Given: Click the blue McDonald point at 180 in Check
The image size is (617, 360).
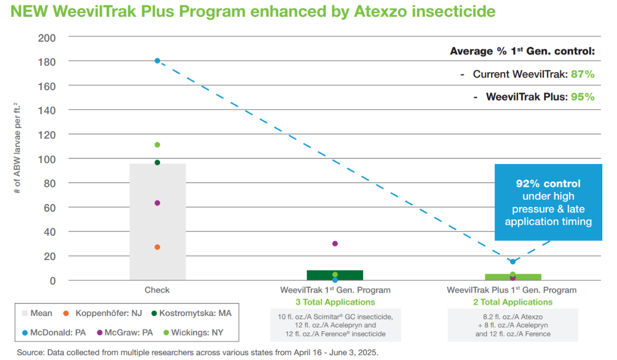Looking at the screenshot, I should pos(157,61).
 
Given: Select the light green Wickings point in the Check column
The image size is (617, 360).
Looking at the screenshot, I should pos(157,145).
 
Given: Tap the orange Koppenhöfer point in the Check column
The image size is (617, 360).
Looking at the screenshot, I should pos(157,247).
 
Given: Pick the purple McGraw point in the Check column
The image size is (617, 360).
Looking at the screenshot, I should pos(157,203).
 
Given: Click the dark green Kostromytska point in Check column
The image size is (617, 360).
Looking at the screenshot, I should pos(157,162).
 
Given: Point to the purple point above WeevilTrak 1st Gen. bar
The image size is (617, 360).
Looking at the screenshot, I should pos(335,244).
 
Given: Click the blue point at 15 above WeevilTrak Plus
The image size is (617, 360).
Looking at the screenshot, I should pos(513,262).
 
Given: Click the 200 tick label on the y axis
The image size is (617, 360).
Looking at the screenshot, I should pos(48,37).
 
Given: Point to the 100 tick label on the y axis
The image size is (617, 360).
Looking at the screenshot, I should pos(48,159).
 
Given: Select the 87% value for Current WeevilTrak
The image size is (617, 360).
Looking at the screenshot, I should pos(583,74).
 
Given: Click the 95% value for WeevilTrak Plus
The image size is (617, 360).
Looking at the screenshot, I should pos(583,97).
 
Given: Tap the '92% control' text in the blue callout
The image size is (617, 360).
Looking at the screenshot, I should pos(548,184).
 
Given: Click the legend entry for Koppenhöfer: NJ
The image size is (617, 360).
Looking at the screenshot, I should pos(102,313).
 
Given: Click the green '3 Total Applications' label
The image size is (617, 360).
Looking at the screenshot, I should pos(335,302).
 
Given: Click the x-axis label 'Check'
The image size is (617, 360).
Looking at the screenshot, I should pos(157,290).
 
